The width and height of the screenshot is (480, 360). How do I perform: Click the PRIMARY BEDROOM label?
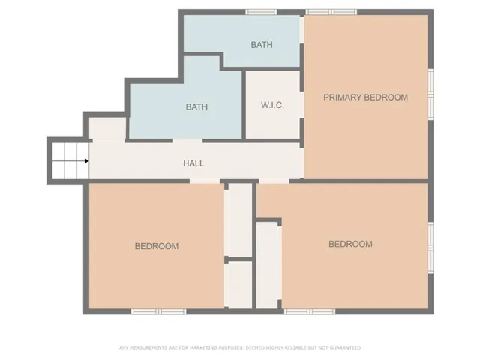coord(365,97)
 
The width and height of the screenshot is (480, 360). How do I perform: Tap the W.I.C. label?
coord(271,105)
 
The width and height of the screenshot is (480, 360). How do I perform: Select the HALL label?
coord(193,163)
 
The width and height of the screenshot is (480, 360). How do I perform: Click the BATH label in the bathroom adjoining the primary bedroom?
coord(262,45)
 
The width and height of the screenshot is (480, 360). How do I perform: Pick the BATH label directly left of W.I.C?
coord(196,106)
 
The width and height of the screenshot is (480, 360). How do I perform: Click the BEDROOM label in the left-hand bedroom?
coord(157,246)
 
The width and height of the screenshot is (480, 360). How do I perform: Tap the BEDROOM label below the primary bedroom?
coord(350,244)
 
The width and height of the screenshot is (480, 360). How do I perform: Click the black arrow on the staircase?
coord(87,160)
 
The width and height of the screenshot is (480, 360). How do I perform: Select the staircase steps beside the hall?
coord(68,160)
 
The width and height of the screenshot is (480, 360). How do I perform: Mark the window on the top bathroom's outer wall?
coord(261,11)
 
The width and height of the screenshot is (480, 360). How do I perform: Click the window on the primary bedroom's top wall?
coord(331,11)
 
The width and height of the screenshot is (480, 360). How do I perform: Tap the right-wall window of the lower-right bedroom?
coord(430,247)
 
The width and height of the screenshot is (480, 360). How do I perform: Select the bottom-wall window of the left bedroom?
coord(158,310)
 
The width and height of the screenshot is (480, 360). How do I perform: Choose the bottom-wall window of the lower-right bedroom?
coord(309,310)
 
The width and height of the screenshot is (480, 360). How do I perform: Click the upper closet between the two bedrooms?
coord(239,219)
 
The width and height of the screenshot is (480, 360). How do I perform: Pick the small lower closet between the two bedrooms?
coord(239,283)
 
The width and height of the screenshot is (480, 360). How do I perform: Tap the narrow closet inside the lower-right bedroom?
coord(268,264)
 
